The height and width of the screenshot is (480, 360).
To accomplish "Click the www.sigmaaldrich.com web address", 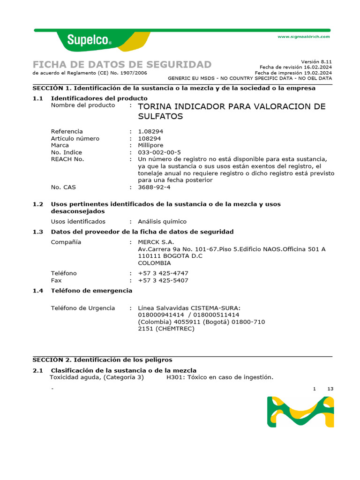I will (304, 37).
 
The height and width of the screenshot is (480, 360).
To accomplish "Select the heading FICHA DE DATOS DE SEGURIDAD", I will (122, 65).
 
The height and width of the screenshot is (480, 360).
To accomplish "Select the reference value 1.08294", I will (150, 131).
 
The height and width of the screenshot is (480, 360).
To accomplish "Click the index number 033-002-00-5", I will (159, 152).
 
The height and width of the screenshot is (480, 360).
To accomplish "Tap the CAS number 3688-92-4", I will (154, 187).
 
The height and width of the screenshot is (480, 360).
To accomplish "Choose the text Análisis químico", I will (162, 221).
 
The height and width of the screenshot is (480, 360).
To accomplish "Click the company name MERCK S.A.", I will (156, 242).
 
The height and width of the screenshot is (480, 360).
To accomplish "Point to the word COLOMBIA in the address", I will (154, 263).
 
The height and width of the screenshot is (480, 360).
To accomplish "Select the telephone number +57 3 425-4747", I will (163, 273).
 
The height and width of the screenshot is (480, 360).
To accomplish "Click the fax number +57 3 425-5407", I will (163, 280).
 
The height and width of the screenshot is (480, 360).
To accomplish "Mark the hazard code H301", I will (175, 377).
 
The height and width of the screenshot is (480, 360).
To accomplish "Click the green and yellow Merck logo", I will (300, 412).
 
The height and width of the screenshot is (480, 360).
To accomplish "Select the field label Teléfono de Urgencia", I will (82, 308).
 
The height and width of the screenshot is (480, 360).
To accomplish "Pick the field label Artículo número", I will (75, 138).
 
